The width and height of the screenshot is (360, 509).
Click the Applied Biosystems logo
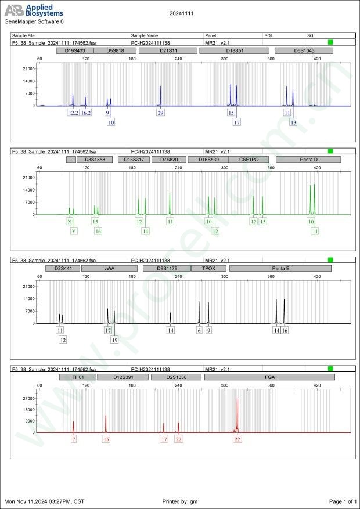click(x=34, y=10)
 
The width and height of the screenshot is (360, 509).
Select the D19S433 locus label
click(x=74, y=50)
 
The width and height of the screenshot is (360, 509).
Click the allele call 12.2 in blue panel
click(x=73, y=113)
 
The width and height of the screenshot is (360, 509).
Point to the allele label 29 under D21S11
click(x=160, y=113)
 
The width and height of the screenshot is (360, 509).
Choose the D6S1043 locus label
click(x=304, y=50)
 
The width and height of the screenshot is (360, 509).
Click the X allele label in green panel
click(x=70, y=221)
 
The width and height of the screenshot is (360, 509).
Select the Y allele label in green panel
click(x=74, y=231)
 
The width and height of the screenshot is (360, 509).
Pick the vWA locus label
click(x=109, y=269)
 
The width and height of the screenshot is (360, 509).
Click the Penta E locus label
click(x=280, y=269)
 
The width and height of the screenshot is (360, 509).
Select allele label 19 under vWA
click(x=114, y=340)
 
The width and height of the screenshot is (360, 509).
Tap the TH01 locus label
click(x=77, y=377)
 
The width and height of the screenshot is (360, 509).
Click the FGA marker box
click(x=269, y=377)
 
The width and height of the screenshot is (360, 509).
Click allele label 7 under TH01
click(x=74, y=439)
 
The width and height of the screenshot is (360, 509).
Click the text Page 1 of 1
click(x=343, y=501)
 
